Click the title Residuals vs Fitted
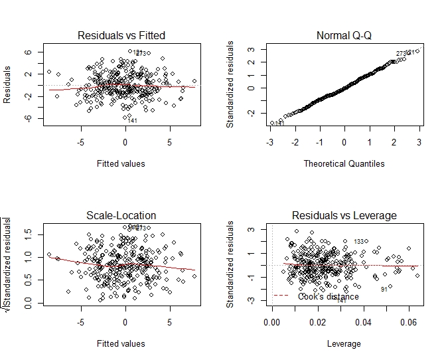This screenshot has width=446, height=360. tap(121, 35)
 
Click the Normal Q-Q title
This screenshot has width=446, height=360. tap(344, 35)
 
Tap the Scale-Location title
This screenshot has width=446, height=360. tap(121, 215)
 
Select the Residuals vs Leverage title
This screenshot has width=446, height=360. tap(344, 215)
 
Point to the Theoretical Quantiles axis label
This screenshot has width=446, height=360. tap(344, 163)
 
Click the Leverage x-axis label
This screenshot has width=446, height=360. tap(344, 343)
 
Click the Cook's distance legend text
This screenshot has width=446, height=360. tap(329, 297)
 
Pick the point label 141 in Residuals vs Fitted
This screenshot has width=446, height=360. tap(132, 120)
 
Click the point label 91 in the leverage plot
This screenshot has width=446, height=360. tap(384, 290)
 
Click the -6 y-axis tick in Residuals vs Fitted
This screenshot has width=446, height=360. tap(27, 118)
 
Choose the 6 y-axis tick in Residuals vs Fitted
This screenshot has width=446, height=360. tap(27, 52)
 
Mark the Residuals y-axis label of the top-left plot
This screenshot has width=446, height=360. tap(8, 84)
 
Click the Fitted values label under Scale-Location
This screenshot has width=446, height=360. tap(121, 343)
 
